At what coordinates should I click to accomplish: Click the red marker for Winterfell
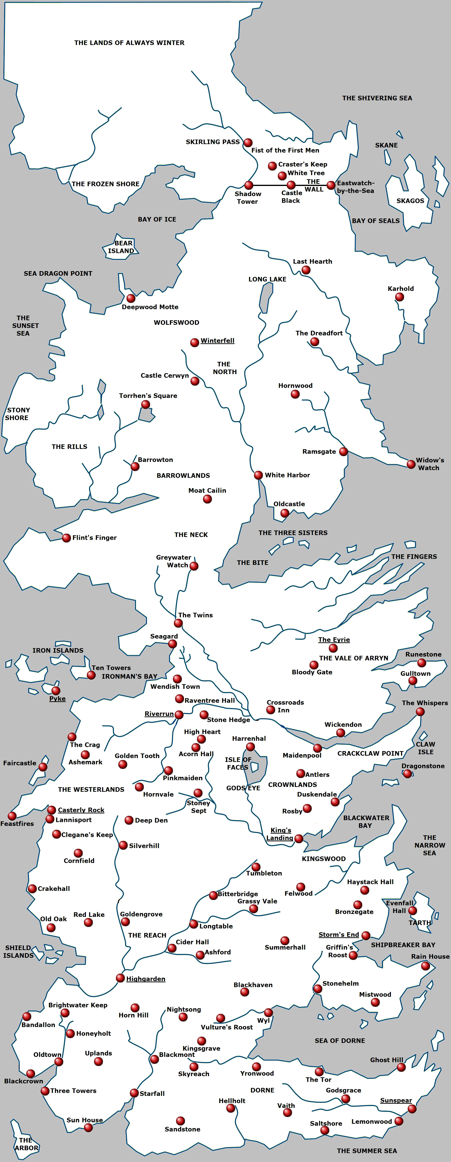pyautogui.click(x=194, y=342)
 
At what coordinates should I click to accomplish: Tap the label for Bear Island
pyautogui.click(x=121, y=247)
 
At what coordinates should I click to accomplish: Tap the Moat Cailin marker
pyautogui.click(x=207, y=499)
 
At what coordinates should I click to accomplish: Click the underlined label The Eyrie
pyautogui.click(x=334, y=640)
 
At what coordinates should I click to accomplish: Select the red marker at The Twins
pyautogui.click(x=178, y=623)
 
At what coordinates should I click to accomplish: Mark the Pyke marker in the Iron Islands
pyautogui.click(x=56, y=691)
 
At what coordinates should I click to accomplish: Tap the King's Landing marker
pyautogui.click(x=299, y=839)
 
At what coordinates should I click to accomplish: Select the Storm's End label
pyautogui.click(x=339, y=935)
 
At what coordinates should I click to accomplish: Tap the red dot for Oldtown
pyautogui.click(x=59, y=1062)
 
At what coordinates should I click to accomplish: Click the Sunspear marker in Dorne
pyautogui.click(x=412, y=1109)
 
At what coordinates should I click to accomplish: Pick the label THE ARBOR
pyautogui.click(x=26, y=1144)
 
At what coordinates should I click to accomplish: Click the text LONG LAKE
pyautogui.click(x=267, y=279)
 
